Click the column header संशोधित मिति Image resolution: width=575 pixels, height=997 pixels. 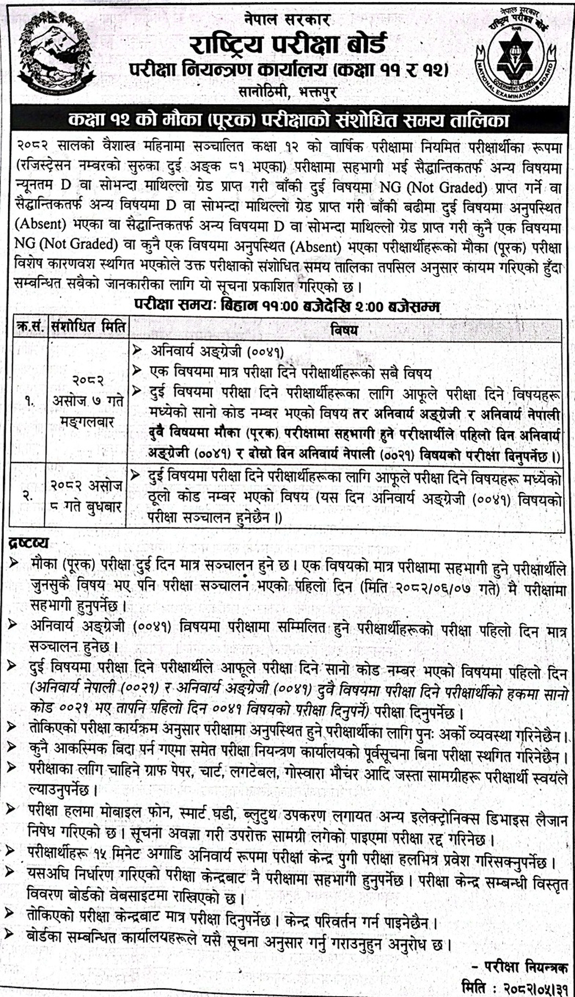point(88,328)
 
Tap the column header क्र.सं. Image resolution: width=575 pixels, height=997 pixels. point(28,328)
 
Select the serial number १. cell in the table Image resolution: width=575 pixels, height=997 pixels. point(29,402)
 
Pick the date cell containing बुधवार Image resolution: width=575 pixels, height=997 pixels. point(88,496)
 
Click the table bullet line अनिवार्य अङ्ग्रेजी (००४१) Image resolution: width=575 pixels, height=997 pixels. point(217,351)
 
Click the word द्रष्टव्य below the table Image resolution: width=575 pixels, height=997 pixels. point(28,543)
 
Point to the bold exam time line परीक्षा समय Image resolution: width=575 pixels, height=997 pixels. point(287,306)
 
